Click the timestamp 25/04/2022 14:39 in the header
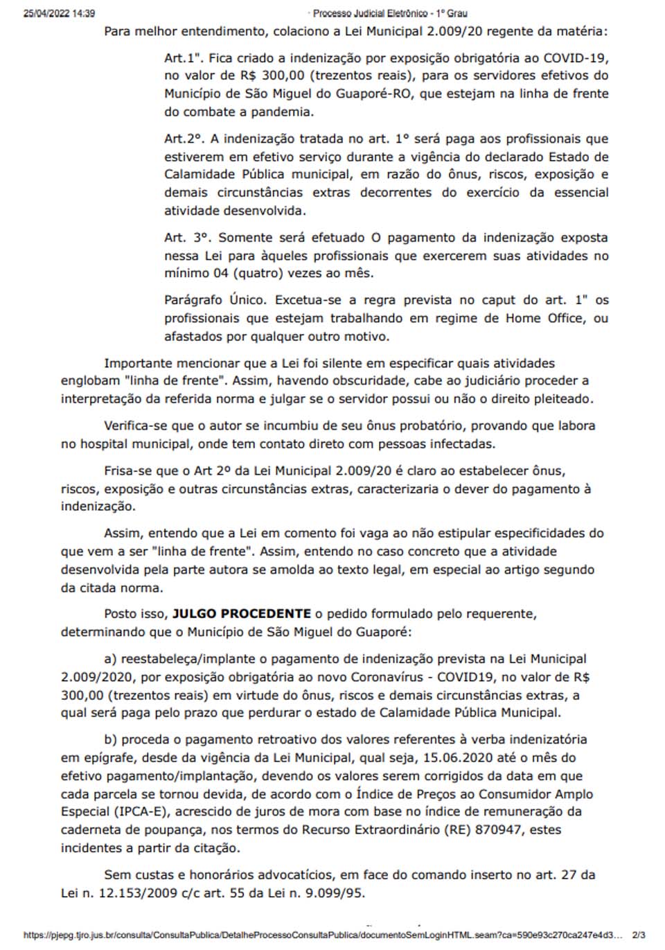click(x=59, y=13)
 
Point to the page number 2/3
click(x=639, y=935)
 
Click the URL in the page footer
click(x=323, y=935)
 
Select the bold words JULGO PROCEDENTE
click(x=241, y=614)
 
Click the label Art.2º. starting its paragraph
click(x=184, y=139)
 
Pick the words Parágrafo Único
click(x=215, y=300)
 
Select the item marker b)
click(x=112, y=740)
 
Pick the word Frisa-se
click(x=128, y=471)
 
